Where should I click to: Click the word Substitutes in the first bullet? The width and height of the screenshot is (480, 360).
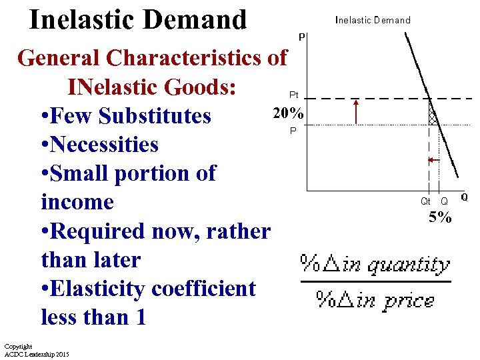tap(154, 116)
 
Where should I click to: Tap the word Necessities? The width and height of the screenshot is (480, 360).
tap(105, 145)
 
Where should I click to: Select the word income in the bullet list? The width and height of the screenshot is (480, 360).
tap(77, 202)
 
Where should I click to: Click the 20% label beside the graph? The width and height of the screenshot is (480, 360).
tap(287, 113)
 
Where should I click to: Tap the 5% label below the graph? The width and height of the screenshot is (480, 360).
tap(440, 217)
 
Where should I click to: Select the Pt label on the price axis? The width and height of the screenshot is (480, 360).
tap(293, 95)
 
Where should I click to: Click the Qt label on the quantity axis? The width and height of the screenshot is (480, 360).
tap(425, 201)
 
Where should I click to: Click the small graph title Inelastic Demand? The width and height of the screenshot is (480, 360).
tap(373, 20)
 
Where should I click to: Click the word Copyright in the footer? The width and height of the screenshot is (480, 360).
tap(18, 347)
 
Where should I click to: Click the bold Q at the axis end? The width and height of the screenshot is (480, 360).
tap(464, 197)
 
